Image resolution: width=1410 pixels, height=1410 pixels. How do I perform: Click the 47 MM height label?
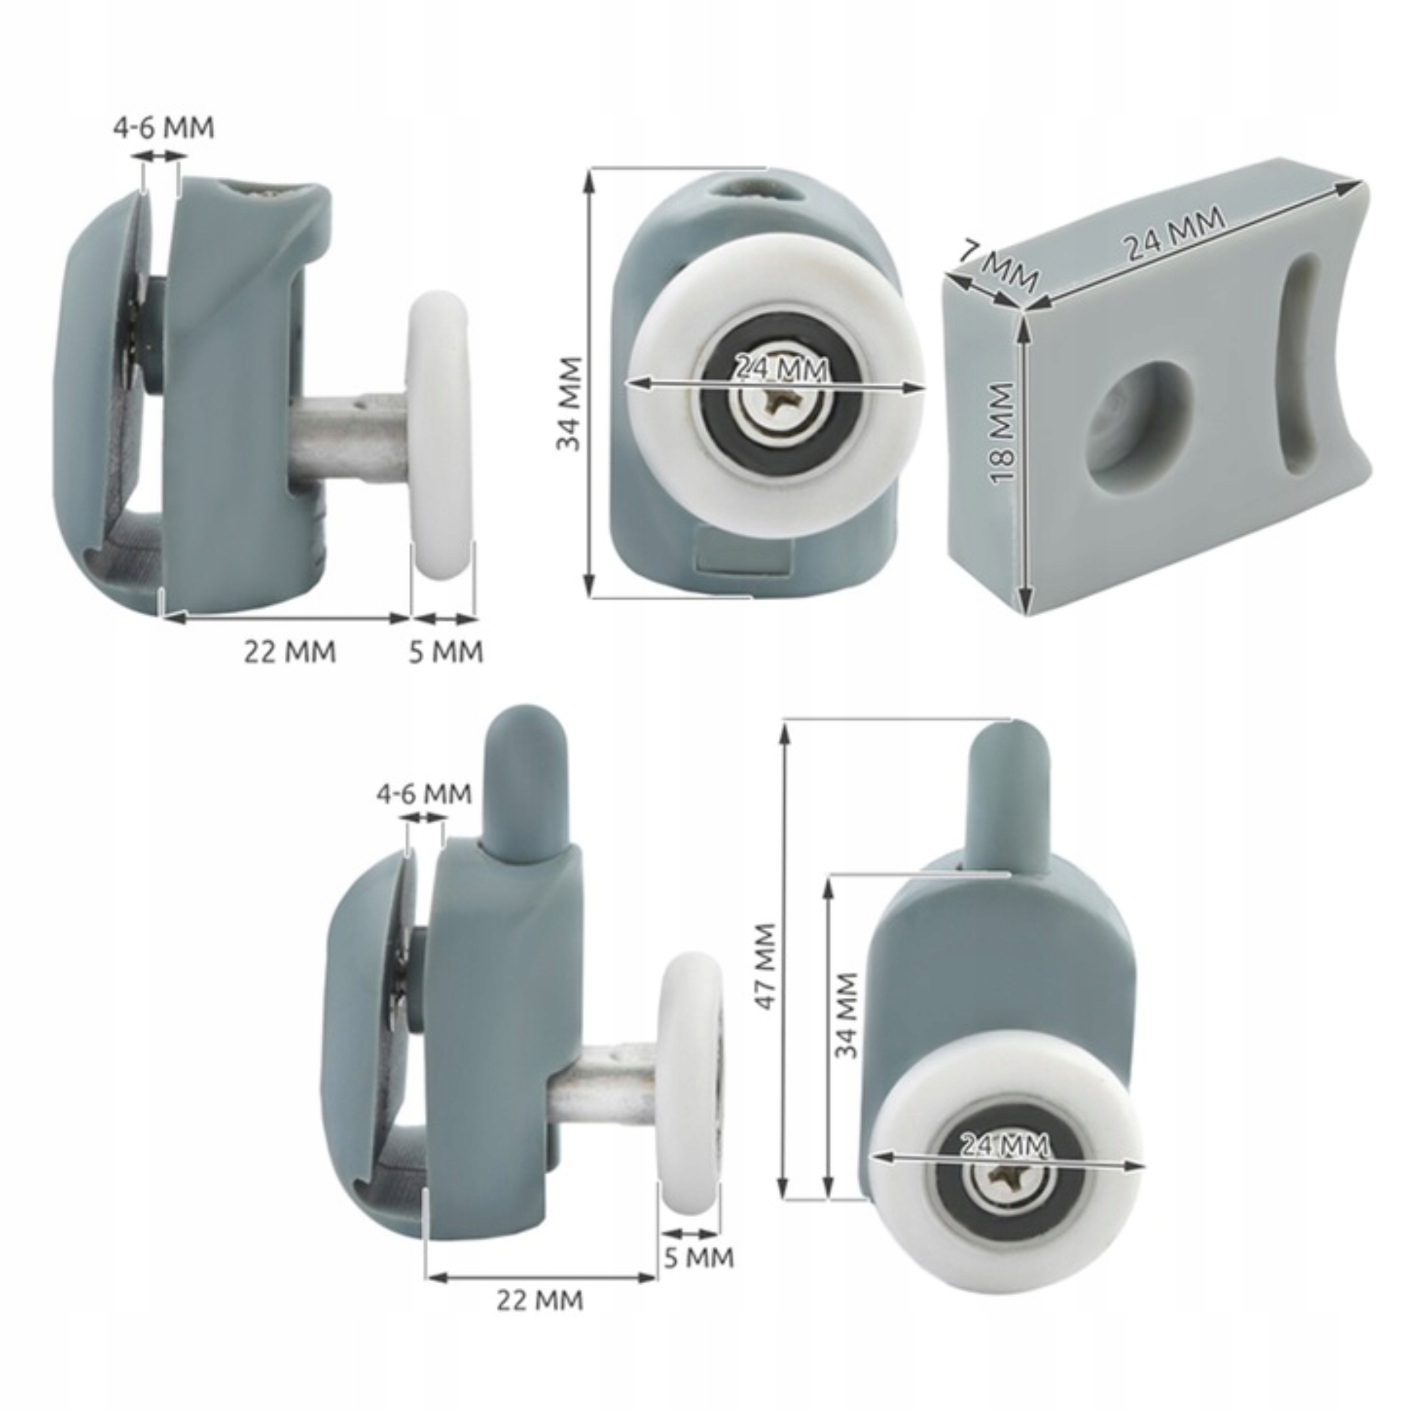766,968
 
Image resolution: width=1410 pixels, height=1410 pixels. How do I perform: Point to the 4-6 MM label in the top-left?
164,128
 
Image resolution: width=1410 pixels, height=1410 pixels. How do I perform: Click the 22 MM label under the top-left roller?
290,651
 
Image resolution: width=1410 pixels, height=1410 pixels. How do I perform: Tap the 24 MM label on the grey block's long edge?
1174,234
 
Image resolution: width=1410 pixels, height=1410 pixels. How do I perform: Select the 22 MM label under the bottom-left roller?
540,1300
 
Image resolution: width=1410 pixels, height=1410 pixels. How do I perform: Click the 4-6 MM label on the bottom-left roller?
424,793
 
